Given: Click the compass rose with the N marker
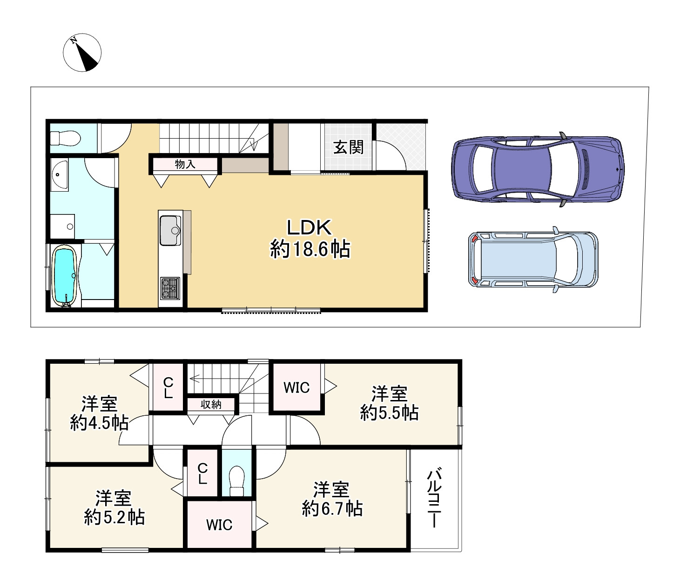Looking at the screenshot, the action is click(82, 53).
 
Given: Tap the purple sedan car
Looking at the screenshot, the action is click(538, 169).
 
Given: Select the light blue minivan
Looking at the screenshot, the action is click(533, 260).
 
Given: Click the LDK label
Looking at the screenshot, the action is click(309, 227).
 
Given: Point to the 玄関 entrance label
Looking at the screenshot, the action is click(349, 147).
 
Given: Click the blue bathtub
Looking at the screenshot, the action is click(65, 276).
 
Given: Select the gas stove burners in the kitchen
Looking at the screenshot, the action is click(170, 288).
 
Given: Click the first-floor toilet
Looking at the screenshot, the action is click(66, 139).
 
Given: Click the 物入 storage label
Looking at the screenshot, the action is click(185, 164).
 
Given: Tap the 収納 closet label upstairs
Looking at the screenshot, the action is click(211, 405).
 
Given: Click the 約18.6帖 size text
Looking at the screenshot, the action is click(310, 249).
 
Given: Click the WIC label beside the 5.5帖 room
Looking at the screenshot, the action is click(296, 388).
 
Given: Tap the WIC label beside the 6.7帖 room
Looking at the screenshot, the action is click(219, 525).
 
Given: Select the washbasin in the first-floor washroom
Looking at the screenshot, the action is click(59, 174).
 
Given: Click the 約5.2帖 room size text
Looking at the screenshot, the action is click(114, 518).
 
